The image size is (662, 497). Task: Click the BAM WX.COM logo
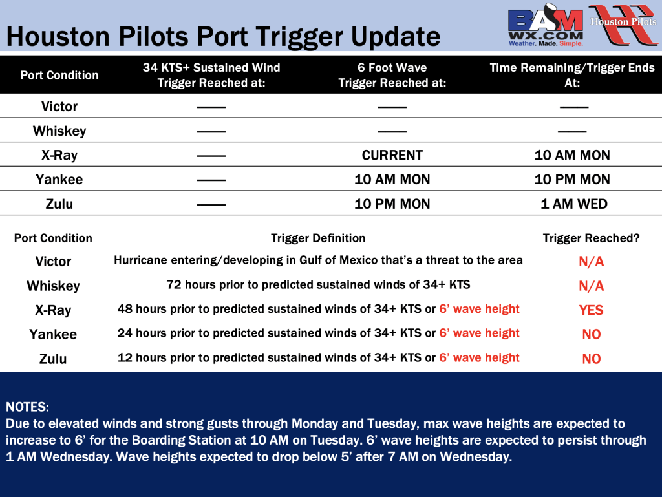click(546, 25)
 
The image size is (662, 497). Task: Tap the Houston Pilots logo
click(623, 25)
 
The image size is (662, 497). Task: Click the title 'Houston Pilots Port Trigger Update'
click(223, 36)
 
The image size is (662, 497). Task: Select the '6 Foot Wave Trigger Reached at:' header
click(392, 75)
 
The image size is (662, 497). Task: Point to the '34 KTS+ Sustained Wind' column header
click(211, 75)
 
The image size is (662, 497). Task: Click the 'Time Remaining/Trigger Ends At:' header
click(572, 75)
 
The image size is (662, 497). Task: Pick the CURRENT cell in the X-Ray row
click(392, 155)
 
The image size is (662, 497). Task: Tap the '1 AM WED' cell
click(574, 204)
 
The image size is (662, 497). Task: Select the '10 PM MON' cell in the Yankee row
click(572, 180)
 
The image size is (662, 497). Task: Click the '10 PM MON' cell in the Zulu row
click(392, 204)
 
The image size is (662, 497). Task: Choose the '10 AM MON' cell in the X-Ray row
click(572, 155)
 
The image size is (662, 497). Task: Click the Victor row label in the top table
click(59, 107)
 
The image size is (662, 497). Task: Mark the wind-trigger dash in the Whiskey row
click(211, 132)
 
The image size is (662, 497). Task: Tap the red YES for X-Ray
click(591, 310)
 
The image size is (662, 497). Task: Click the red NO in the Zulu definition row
click(591, 359)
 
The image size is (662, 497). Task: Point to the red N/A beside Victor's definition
click(591, 262)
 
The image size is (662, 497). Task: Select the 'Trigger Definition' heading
click(318, 238)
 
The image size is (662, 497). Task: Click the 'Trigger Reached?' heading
click(591, 238)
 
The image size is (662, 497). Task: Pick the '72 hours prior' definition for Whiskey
click(318, 285)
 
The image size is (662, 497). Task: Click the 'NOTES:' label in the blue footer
click(27, 407)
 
